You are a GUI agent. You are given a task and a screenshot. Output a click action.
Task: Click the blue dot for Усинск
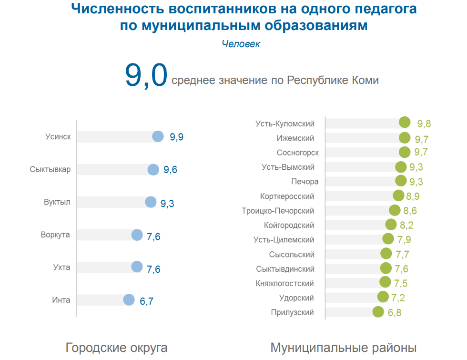(158, 136)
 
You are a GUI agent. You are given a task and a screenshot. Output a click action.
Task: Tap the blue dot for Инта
(129, 300)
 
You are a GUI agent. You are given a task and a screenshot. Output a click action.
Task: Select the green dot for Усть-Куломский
(405, 123)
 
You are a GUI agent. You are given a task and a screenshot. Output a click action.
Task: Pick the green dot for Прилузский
(378, 312)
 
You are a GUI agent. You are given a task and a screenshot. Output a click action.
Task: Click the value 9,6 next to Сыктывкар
(170, 170)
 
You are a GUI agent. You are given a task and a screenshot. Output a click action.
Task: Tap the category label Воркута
(55, 235)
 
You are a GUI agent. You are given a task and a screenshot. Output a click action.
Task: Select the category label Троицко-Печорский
(278, 211)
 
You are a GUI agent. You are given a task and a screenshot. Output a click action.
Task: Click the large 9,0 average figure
(146, 75)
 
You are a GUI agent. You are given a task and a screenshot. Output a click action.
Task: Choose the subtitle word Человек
(241, 44)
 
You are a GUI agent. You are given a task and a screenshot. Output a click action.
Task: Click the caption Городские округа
(116, 348)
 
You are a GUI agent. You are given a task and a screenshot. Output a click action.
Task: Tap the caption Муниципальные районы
(344, 348)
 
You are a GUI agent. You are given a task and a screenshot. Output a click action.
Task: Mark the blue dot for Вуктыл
(151, 202)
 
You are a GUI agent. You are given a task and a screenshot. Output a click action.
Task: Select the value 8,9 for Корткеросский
(413, 196)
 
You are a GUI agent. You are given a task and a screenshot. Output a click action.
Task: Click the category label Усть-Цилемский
(284, 240)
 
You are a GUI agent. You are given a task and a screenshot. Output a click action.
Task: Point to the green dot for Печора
(401, 181)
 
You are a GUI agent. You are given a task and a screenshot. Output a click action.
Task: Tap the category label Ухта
(61, 267)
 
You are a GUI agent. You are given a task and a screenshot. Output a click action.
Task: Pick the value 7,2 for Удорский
(398, 298)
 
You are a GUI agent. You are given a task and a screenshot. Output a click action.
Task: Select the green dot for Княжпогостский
(385, 282)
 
